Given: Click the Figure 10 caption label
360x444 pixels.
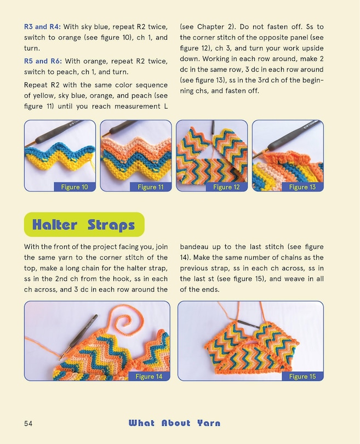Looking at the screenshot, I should coord(75,187).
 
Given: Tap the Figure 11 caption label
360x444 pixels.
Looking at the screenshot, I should coord(150,187).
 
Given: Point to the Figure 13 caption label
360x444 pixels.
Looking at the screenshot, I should coord(302,187).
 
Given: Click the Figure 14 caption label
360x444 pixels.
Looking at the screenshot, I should coord(148,377).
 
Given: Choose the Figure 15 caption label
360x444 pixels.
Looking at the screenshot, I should coord(302,377).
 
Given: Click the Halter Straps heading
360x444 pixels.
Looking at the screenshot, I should coord(84,225).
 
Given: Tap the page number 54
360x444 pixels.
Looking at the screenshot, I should coord(29,423).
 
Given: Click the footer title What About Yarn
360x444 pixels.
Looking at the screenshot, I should coord(174,423).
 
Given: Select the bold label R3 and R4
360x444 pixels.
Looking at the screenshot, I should coord(44,26).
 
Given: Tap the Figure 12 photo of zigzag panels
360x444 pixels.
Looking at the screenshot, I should coord(212,153).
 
